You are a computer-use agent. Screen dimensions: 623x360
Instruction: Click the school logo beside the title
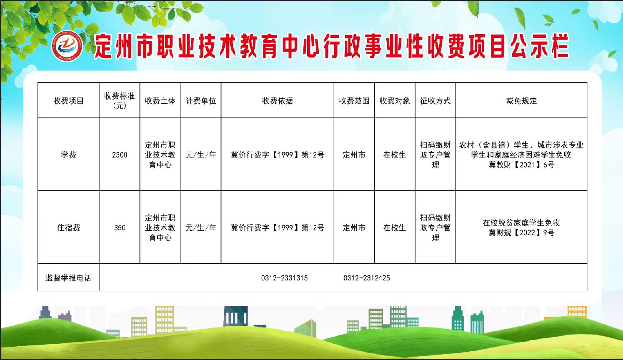click(x=67, y=46)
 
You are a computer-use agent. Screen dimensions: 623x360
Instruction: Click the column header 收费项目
click(x=68, y=101)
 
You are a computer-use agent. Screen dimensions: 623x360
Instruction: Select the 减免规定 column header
click(x=521, y=101)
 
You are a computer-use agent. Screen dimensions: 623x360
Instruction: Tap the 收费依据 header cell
click(x=277, y=101)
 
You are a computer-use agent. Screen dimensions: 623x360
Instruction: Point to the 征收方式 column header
click(x=435, y=101)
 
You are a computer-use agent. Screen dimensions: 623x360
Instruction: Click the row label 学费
click(x=68, y=155)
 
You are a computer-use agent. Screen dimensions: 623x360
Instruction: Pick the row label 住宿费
click(x=68, y=227)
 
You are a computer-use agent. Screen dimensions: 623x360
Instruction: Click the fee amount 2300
click(x=120, y=155)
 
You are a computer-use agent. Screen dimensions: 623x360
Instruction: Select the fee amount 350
click(x=120, y=227)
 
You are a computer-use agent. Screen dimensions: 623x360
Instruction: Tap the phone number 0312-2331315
click(x=284, y=278)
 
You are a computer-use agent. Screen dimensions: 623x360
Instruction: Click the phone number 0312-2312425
click(x=367, y=278)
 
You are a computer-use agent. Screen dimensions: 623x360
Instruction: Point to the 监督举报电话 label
click(x=68, y=278)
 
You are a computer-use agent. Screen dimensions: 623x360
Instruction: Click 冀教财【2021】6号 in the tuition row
click(x=521, y=165)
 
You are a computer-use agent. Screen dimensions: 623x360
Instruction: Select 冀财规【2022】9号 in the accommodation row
click(x=521, y=232)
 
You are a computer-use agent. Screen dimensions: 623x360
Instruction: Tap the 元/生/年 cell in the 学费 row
click(x=201, y=155)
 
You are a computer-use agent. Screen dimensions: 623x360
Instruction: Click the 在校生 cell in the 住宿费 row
click(x=394, y=227)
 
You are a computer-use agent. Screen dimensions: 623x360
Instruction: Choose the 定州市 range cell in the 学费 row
click(x=354, y=155)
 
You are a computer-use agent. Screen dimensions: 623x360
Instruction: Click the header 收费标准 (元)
click(x=120, y=101)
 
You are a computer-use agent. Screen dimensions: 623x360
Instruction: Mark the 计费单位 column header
click(x=201, y=101)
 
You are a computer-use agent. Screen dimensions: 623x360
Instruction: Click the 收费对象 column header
click(x=394, y=101)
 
